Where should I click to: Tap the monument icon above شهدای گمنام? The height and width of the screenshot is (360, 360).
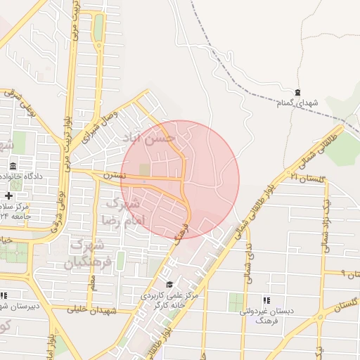[297, 93]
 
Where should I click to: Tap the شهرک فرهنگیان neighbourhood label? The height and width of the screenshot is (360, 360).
[87, 254]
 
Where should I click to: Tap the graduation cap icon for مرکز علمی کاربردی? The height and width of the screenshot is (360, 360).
[169, 284]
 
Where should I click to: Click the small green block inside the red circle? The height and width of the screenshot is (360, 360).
[145, 169]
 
